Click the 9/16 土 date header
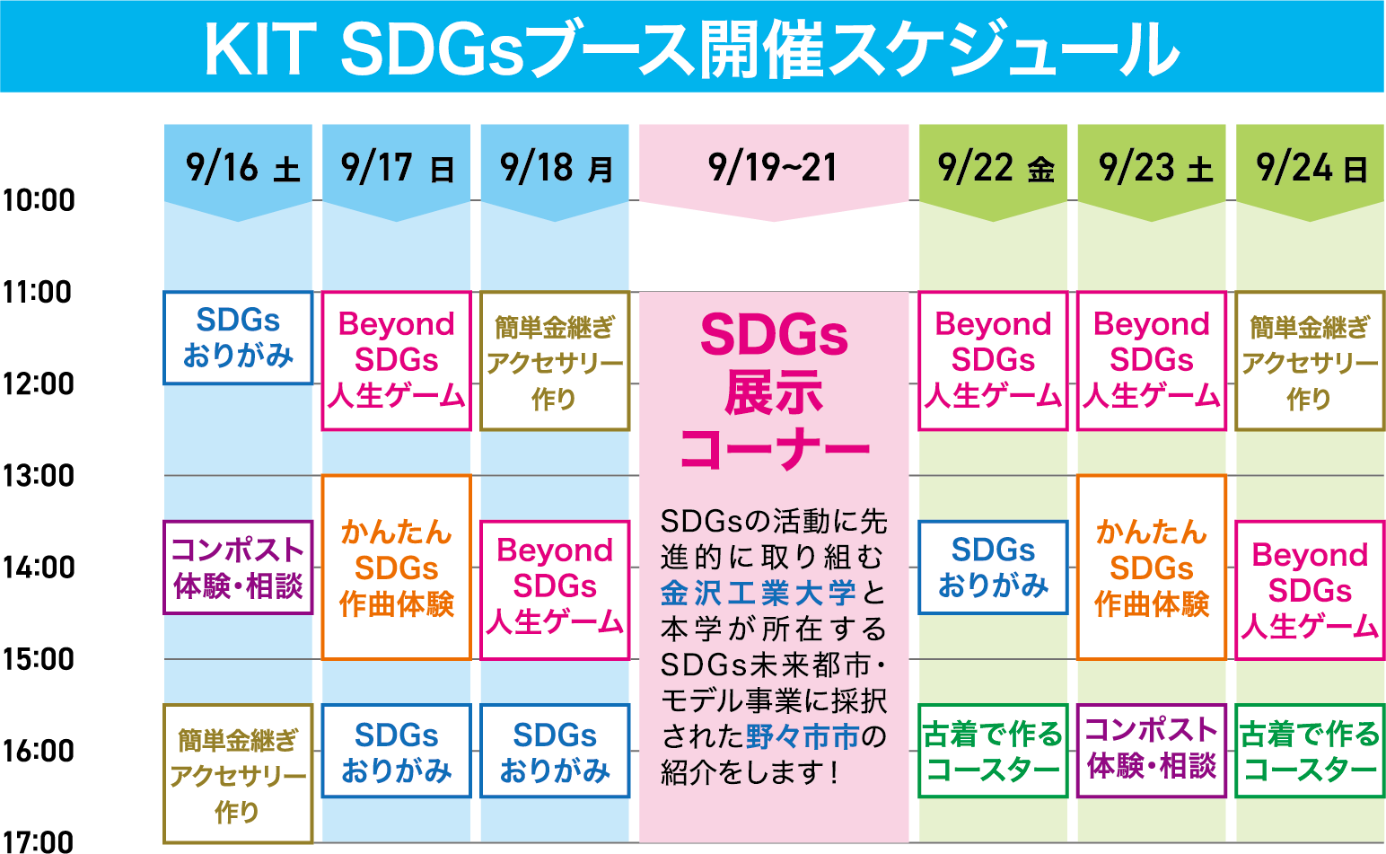point(238,168)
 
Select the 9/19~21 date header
point(774,168)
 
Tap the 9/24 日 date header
point(1311,168)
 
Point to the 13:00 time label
point(39,475)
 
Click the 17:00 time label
point(39,841)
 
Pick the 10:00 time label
point(39,200)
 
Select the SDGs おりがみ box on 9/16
point(238,338)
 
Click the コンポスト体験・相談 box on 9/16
point(238,568)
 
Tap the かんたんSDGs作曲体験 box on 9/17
point(397,568)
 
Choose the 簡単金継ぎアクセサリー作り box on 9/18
point(555,361)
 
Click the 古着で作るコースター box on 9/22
point(993,751)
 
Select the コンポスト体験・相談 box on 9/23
point(1152,751)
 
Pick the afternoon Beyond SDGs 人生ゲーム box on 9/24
point(1310,590)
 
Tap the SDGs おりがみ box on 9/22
point(993,568)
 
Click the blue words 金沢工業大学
point(758,593)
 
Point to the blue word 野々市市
point(803,735)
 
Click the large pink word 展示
point(774,392)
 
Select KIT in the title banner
point(257,50)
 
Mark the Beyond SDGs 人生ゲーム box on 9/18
point(555,590)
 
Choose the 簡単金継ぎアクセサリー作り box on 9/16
point(238,773)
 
